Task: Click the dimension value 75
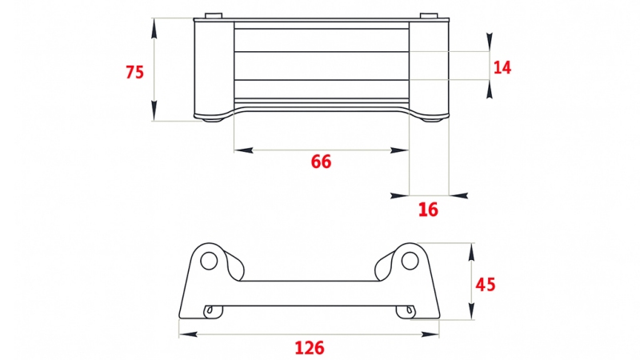pos(134,72)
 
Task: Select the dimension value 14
pos(502,67)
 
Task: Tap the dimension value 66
pos(321,162)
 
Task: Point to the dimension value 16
pos(429,210)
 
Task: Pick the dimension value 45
pos(486,284)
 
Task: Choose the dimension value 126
pos(309,348)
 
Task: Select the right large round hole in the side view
pos(410,260)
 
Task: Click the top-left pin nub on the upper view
pos(213,15)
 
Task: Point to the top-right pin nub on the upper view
pos(430,15)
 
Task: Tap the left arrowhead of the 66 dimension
pos(240,150)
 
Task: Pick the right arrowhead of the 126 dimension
pos(433,333)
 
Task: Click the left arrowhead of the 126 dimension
pos(185,333)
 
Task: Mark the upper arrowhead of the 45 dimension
pos(471,250)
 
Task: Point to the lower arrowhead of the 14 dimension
pos(490,89)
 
